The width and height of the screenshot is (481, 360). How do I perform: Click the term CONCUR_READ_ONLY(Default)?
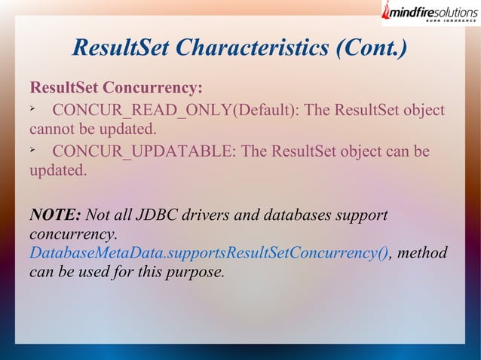pyautogui.click(x=175, y=110)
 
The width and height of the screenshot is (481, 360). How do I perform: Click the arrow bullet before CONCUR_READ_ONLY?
pyautogui.click(x=33, y=110)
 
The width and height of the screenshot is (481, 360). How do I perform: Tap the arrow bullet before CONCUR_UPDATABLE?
pyautogui.click(x=33, y=151)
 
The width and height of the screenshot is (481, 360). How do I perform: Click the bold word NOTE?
pyautogui.click(x=56, y=216)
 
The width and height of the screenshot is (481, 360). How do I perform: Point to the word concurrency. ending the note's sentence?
pyautogui.click(x=73, y=235)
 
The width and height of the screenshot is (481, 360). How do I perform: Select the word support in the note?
pyautogui.click(x=361, y=216)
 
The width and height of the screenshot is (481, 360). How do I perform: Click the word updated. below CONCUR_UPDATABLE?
pyautogui.click(x=58, y=170)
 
